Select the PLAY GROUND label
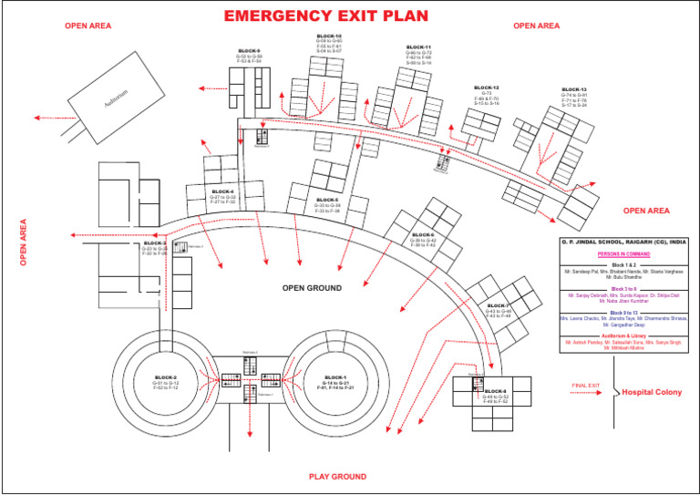point(337,477)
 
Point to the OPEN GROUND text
point(312,288)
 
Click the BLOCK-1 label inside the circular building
point(335,377)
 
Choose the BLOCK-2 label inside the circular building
point(166,377)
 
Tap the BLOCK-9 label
point(249,51)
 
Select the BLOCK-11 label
point(418,46)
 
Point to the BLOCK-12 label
point(487,88)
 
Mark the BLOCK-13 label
point(574,89)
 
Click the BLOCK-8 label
point(496,391)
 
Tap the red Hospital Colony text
point(651,392)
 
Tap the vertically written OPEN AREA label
point(24,242)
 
